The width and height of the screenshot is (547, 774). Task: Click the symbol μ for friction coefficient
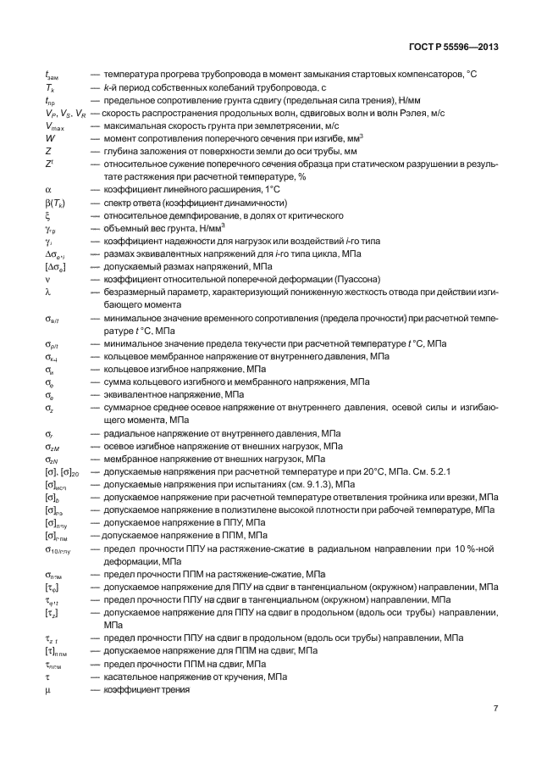tap(48, 690)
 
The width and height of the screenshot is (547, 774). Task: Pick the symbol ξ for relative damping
tap(48, 215)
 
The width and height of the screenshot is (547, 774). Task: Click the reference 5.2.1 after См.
tap(445, 471)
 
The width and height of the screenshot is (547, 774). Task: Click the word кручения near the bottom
tap(230, 677)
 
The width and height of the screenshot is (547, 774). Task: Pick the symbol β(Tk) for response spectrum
tap(56, 203)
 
